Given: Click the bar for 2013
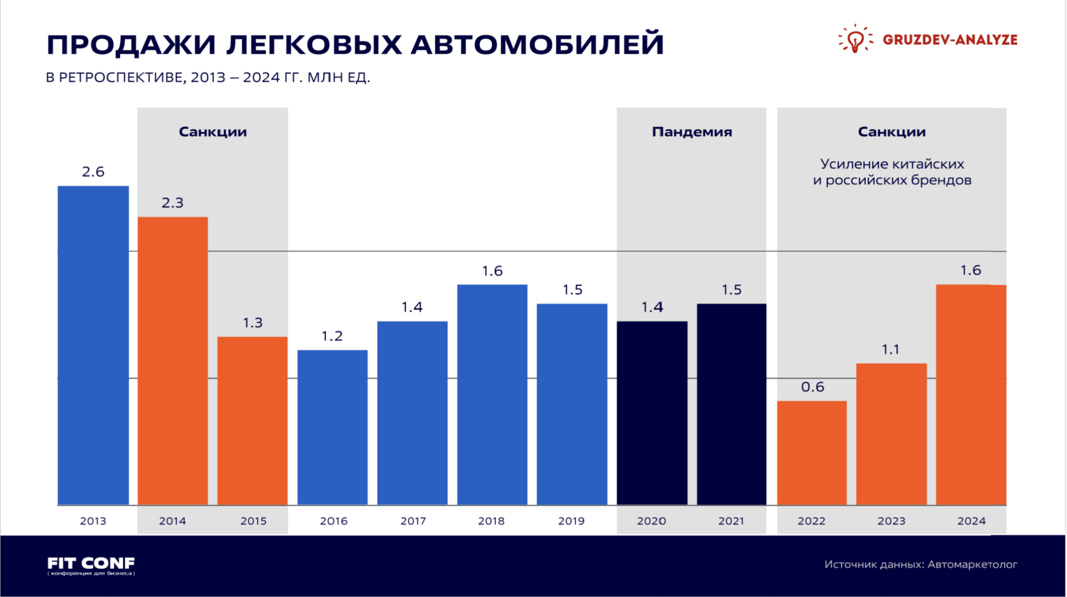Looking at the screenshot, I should (x=93, y=345).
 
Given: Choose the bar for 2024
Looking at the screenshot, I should (x=971, y=395).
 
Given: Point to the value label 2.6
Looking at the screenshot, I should (x=93, y=172).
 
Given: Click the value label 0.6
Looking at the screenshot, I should (x=812, y=387).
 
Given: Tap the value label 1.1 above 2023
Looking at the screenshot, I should (x=890, y=349).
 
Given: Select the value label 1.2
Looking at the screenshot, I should (x=332, y=336).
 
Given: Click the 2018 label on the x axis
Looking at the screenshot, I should (x=491, y=521).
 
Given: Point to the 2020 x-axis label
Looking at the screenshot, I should (x=651, y=521).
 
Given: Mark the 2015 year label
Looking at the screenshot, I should (x=253, y=521).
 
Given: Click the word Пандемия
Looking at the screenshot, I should (x=692, y=132).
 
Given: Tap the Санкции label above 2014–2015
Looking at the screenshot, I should (x=213, y=132).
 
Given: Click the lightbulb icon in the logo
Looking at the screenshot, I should (x=855, y=39).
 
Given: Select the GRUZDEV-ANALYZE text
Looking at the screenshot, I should (x=950, y=39).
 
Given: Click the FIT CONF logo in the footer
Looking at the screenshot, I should (x=91, y=565).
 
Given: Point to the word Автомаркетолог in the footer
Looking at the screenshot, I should (x=972, y=564).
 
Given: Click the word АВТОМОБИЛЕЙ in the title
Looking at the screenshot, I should (x=537, y=45).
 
